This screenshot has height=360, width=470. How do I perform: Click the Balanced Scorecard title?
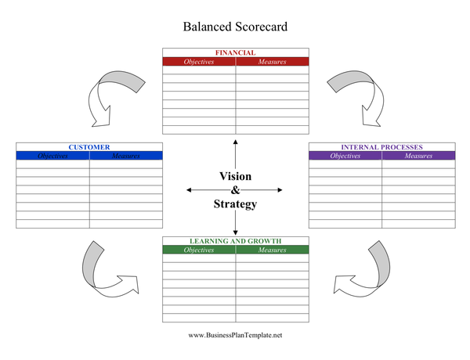(x=235, y=27)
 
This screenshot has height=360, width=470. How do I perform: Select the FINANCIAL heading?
(x=235, y=53)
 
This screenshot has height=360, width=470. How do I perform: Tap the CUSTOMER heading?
(x=89, y=147)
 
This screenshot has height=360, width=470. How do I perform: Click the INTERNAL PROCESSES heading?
(x=381, y=147)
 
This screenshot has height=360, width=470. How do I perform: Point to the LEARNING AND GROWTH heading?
(x=235, y=241)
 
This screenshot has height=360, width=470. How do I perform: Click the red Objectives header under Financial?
(x=199, y=62)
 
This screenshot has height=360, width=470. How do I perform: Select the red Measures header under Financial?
(x=272, y=62)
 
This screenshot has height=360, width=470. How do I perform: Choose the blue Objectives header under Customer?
(x=52, y=156)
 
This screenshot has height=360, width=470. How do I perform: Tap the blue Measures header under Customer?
(x=125, y=156)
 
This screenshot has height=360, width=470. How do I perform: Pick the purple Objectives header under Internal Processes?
(x=345, y=156)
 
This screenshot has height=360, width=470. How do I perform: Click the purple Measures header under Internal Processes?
(x=418, y=156)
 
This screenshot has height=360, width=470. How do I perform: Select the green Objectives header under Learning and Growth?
(x=199, y=250)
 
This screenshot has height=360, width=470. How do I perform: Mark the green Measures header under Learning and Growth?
(x=272, y=250)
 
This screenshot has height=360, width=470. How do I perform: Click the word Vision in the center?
(x=235, y=176)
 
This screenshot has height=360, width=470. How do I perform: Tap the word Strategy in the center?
(x=235, y=204)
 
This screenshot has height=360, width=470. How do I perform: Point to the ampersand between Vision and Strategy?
(x=235, y=190)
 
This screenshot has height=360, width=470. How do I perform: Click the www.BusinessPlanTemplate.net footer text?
(x=235, y=335)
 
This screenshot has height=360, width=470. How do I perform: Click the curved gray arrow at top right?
(x=357, y=92)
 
